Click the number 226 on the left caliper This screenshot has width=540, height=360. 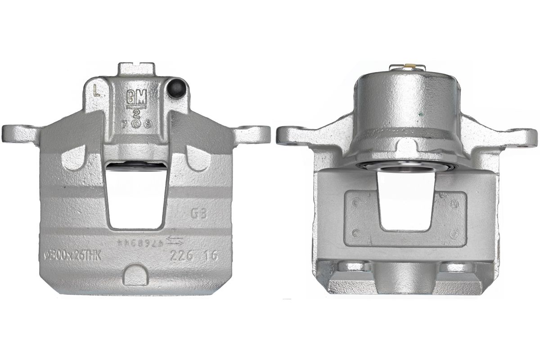click(181, 256)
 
